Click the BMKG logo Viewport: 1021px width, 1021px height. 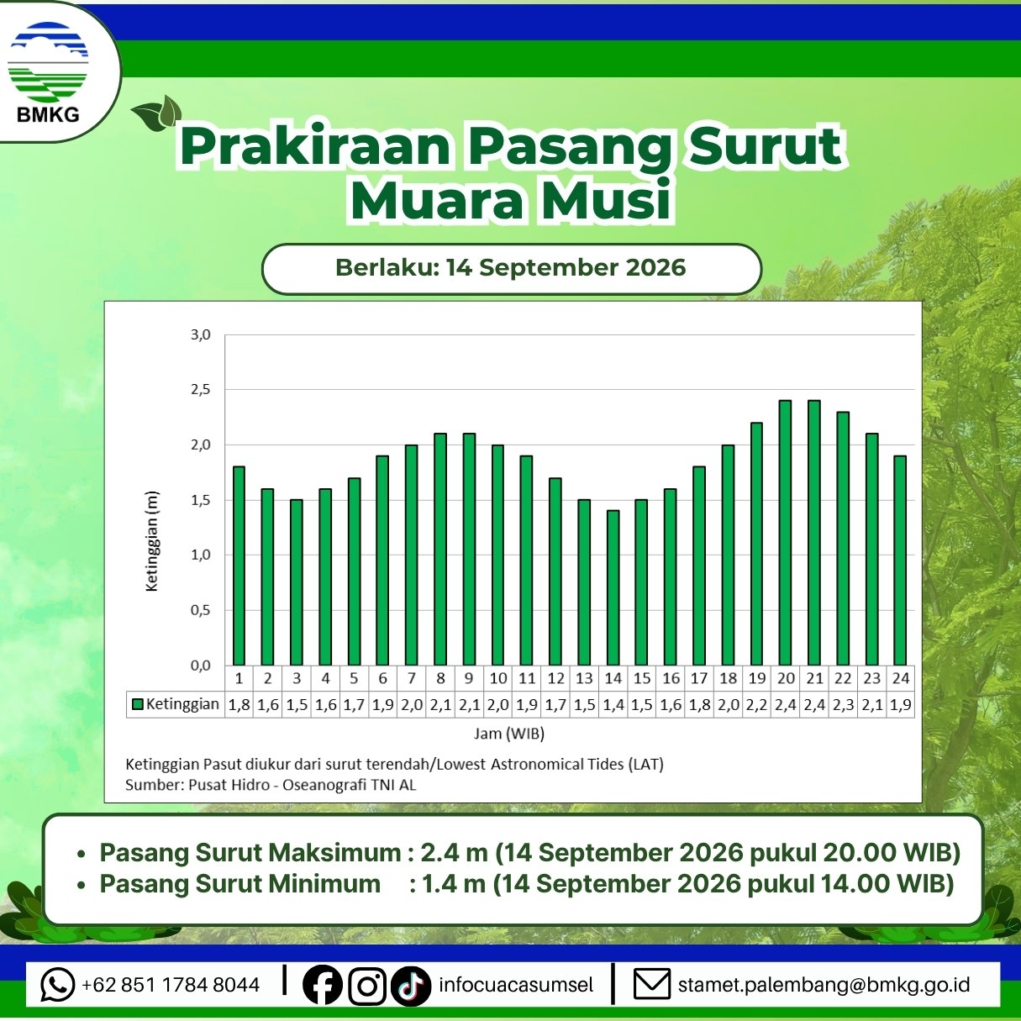pyautogui.click(x=48, y=71)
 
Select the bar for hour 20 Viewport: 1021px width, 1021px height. pyautogui.click(x=785, y=533)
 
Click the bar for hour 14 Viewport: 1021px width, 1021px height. pyautogui.click(x=613, y=587)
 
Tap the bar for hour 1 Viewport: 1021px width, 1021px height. pyautogui.click(x=239, y=566)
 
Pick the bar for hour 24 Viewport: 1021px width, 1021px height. pyautogui.click(x=900, y=560)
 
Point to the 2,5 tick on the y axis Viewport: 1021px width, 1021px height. pyautogui.click(x=200, y=390)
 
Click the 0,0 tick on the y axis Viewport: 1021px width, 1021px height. pyautogui.click(x=200, y=666)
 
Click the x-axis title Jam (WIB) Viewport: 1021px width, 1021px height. pyautogui.click(x=508, y=734)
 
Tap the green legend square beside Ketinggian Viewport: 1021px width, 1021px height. pyautogui.click(x=138, y=704)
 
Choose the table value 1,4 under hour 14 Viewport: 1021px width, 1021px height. pyautogui.click(x=613, y=705)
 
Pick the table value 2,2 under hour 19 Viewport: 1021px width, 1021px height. pyautogui.click(x=756, y=705)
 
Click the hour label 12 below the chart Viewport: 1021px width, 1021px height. pyautogui.click(x=555, y=678)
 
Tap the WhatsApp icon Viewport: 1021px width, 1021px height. pyautogui.click(x=57, y=984)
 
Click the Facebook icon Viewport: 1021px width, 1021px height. pyautogui.click(x=322, y=985)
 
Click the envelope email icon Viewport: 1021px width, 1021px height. pyautogui.click(x=652, y=984)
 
